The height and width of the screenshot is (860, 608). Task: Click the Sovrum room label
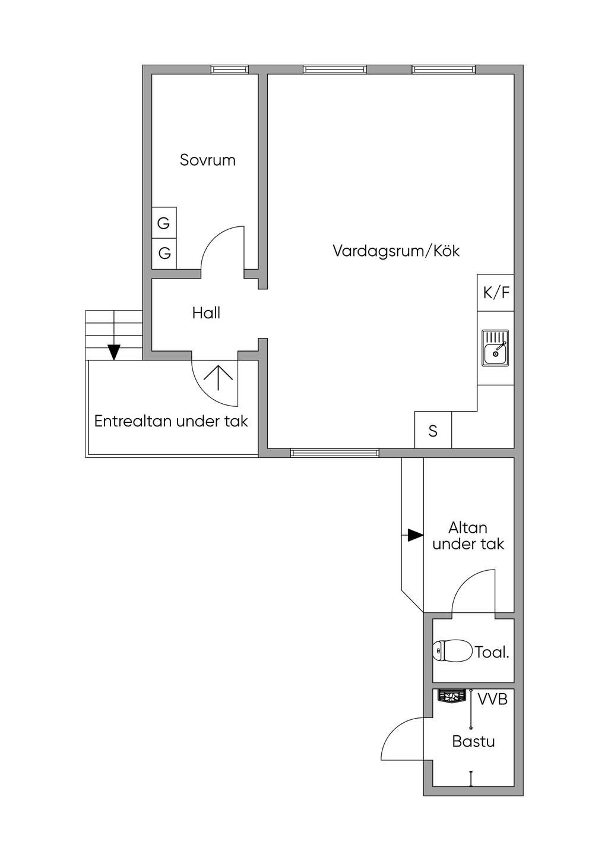pos(208,160)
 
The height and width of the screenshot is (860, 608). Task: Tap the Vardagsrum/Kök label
pos(396,251)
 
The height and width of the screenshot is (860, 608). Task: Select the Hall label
pos(206,313)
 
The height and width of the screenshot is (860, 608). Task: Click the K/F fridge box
pos(496,293)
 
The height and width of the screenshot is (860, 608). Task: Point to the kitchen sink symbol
pos(495,348)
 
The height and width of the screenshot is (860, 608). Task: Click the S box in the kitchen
pos(433,430)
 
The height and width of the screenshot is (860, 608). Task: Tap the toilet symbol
pos(452,650)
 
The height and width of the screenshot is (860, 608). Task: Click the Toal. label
pos(492,652)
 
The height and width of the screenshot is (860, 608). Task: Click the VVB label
pos(492,698)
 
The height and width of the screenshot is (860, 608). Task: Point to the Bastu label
pos(473,741)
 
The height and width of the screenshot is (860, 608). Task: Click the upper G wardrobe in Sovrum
pos(164,223)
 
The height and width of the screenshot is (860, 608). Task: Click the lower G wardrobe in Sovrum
pos(164,254)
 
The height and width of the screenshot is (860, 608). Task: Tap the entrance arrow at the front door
pos(218,377)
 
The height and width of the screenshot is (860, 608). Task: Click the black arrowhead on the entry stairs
pos(114,352)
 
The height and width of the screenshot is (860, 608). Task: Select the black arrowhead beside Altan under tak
pos(415,535)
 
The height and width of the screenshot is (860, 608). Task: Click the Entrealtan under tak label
pos(171,421)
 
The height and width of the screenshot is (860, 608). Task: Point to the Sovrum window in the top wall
pos(230,69)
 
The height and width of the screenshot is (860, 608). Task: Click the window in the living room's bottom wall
pos(334,453)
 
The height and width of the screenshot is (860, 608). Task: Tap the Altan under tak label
pos(468,536)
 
